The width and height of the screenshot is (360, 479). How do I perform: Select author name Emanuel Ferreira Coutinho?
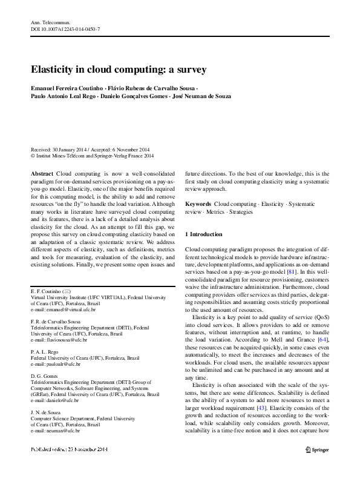point(66,88)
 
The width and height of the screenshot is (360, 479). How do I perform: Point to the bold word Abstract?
point(41,173)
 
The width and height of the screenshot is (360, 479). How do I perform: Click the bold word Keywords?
point(198,205)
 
